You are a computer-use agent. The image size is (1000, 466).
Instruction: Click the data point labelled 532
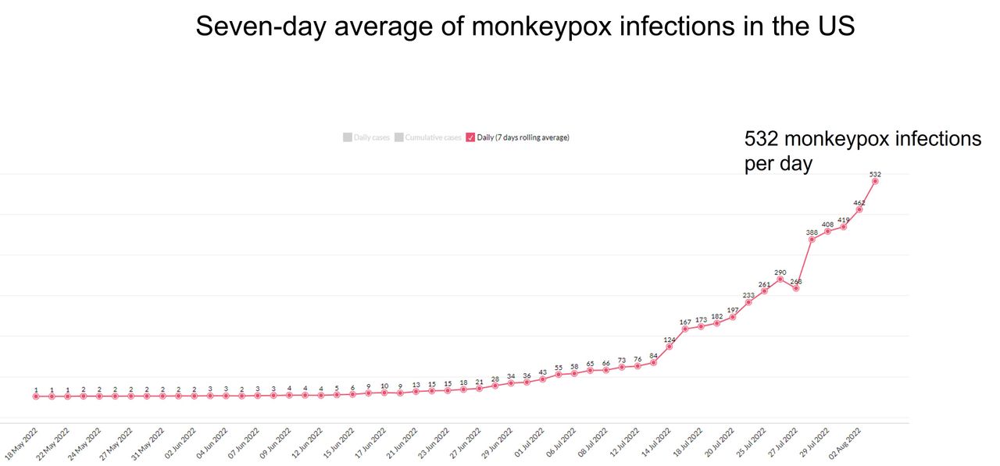point(875,181)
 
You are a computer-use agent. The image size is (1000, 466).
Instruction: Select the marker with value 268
point(796,289)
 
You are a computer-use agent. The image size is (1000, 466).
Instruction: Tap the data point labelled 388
point(812,239)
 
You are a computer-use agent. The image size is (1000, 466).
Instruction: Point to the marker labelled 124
point(670,347)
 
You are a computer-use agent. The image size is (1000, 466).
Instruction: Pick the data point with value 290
point(780,279)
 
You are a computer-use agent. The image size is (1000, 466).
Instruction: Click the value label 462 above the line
point(859,203)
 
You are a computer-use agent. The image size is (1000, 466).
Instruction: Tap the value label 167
point(685,322)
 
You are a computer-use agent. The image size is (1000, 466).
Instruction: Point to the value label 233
point(748,295)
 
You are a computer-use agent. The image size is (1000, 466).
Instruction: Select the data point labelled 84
point(654,362)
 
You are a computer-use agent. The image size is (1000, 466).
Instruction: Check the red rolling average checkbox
point(470,138)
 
